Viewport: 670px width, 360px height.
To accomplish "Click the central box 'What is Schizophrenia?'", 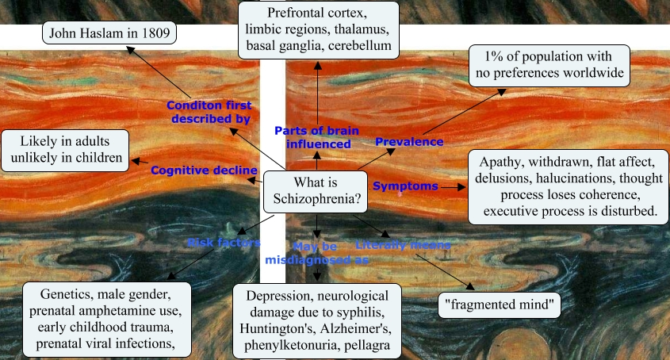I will tap(316, 192).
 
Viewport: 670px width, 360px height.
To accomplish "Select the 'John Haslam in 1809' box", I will tap(110, 33).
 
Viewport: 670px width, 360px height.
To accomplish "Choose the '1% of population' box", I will tap(549, 66).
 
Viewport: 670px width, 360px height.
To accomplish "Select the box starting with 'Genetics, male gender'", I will tap(108, 317).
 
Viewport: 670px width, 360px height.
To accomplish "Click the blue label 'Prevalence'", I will tap(408, 142).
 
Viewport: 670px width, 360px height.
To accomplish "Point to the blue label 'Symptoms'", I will tap(405, 186).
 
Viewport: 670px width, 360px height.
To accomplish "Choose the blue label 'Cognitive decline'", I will tap(204, 170).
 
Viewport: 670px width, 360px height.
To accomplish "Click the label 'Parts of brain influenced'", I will tap(312, 137).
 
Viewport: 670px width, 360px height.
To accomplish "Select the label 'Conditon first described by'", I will tap(209, 112).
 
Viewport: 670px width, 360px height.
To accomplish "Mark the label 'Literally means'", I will tap(403, 245).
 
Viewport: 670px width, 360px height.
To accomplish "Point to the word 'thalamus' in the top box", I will tap(361, 30).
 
